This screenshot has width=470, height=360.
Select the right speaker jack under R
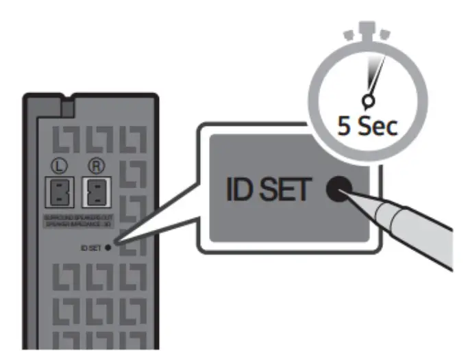click(95, 192)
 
